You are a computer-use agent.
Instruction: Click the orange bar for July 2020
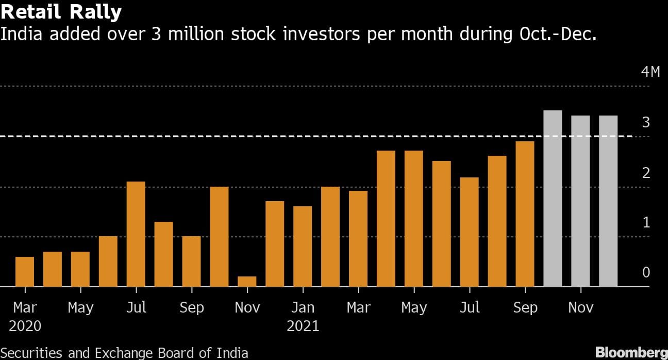click(136, 234)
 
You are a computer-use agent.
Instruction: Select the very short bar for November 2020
click(247, 282)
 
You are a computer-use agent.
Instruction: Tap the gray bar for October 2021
click(553, 199)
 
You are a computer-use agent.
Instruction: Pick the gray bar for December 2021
click(608, 201)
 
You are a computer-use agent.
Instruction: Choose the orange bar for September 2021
click(525, 214)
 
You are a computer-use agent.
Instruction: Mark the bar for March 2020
click(25, 272)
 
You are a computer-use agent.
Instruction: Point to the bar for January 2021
click(303, 247)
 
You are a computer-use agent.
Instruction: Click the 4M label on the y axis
click(650, 72)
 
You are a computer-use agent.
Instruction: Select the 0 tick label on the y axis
click(646, 272)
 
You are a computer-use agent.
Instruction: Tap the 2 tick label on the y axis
click(646, 173)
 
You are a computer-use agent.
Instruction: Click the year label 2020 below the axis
click(25, 326)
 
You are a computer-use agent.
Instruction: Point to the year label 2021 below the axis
click(303, 326)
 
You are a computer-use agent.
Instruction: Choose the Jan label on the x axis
click(303, 308)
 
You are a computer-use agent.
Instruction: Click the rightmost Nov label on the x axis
click(580, 308)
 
